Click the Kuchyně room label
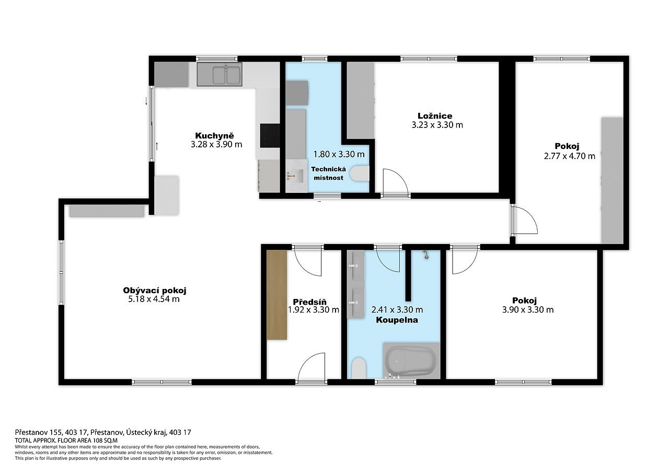click(x=214, y=135)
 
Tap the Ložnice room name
click(x=435, y=116)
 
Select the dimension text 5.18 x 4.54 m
click(x=154, y=299)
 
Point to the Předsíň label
click(x=309, y=302)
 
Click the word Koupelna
click(x=397, y=320)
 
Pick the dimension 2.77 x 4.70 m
click(x=570, y=156)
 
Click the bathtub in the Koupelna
click(x=411, y=361)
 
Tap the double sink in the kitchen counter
click(x=227, y=75)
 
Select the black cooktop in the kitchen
click(x=270, y=135)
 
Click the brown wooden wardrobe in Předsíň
click(x=277, y=295)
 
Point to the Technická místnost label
click(x=329, y=174)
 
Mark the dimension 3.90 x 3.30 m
click(x=528, y=309)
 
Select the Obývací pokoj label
click(x=155, y=290)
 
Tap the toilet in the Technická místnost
click(x=360, y=173)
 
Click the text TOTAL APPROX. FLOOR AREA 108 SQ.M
click(x=66, y=440)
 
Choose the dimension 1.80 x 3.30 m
click(x=339, y=154)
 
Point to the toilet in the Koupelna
click(x=359, y=367)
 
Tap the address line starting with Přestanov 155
click(x=103, y=432)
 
